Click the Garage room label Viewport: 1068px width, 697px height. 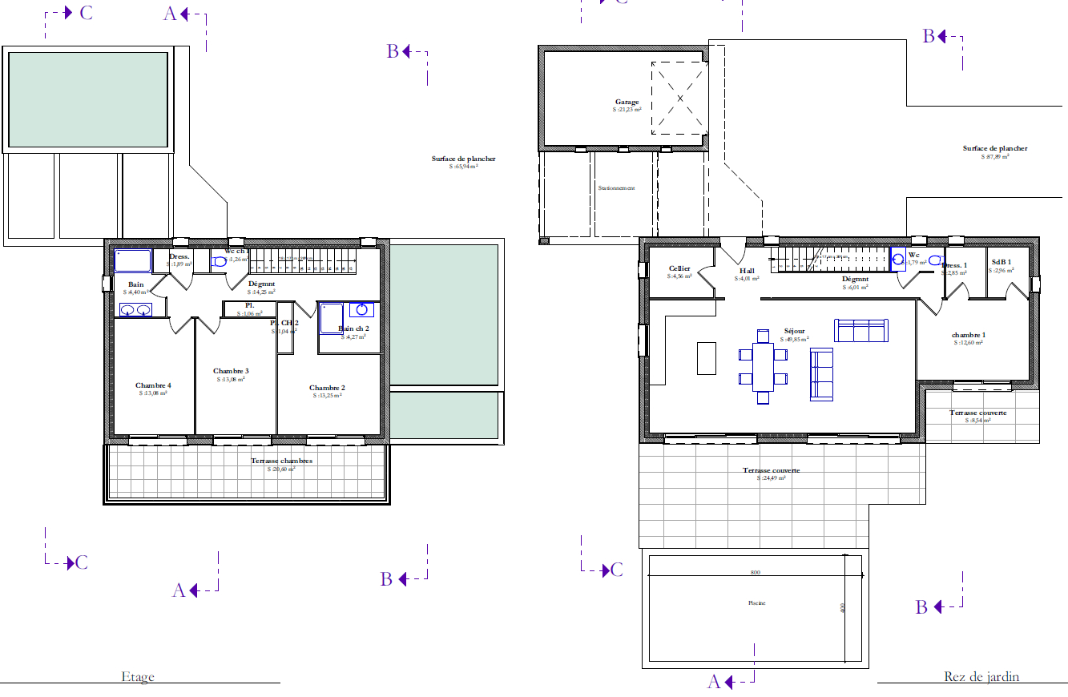point(627,103)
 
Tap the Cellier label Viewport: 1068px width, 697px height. point(679,269)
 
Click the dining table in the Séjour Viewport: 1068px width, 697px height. point(763,366)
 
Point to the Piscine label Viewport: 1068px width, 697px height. point(756,603)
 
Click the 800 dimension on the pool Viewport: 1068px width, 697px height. point(755,573)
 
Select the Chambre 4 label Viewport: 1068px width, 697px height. point(153,385)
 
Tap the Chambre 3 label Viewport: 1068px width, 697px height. point(231,371)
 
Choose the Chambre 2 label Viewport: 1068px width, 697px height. point(327,388)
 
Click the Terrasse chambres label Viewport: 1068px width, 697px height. point(281,461)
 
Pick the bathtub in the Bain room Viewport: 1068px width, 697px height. point(133,261)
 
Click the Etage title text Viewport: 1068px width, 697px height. point(138,677)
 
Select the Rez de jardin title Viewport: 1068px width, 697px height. point(981,677)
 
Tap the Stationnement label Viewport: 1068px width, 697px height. point(616,188)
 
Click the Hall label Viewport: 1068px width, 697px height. point(747,271)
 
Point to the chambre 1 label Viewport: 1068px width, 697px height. point(968,335)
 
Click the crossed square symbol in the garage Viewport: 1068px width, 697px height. point(679,98)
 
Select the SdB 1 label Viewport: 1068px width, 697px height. point(1001,262)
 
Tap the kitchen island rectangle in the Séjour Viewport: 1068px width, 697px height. point(706,358)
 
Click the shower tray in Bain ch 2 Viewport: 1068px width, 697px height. point(332,318)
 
